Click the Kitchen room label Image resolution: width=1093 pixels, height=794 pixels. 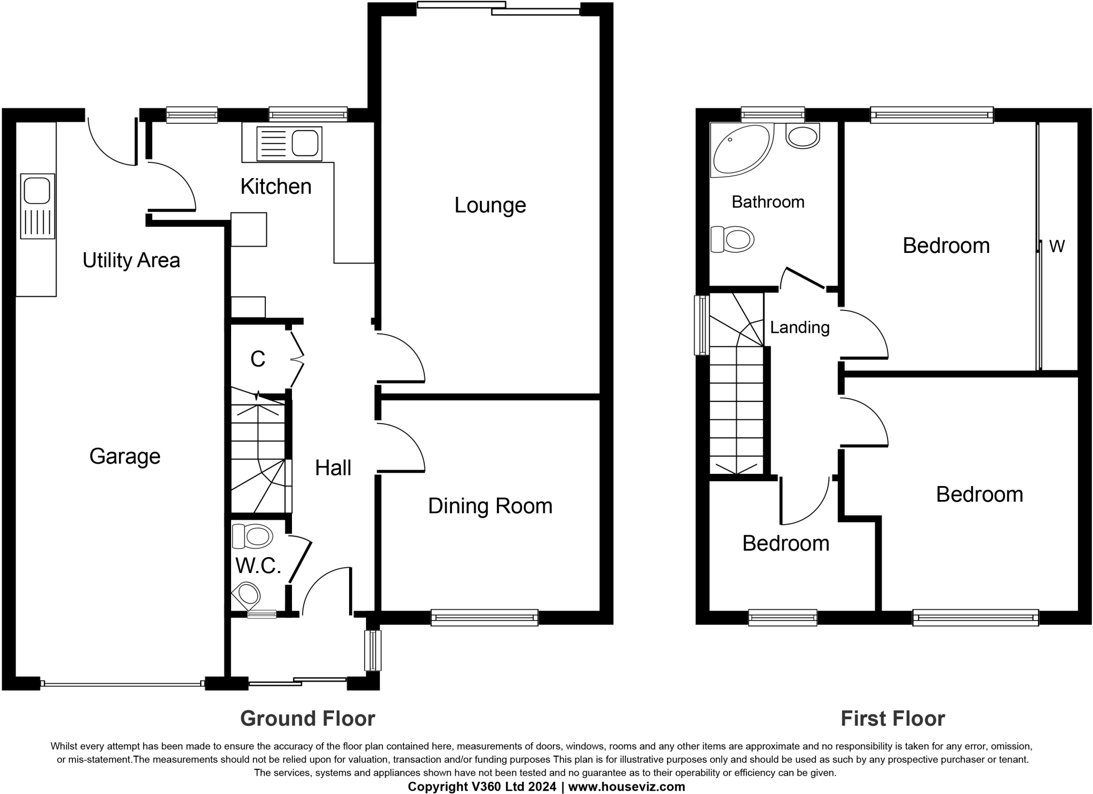click(276, 187)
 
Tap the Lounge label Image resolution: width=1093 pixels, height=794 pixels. click(490, 205)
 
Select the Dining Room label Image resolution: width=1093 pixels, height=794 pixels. click(490, 506)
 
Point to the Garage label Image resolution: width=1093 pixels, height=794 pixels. click(125, 457)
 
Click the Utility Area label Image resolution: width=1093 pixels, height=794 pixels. click(131, 260)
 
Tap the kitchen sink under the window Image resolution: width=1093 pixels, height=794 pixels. click(289, 144)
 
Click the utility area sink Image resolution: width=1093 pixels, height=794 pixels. click(37, 206)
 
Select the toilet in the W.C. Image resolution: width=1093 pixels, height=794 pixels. click(252, 536)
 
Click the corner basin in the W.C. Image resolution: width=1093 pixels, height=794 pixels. click(246, 595)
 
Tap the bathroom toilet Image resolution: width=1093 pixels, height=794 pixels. click(732, 239)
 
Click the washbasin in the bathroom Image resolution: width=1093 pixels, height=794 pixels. click(803, 136)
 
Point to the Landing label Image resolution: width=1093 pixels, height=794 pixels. click(799, 327)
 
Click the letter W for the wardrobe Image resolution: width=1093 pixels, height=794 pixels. click(1057, 246)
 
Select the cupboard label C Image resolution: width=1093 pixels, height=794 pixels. click(258, 359)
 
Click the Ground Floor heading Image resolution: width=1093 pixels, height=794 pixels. click(308, 719)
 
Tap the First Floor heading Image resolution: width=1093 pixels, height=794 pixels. click(893, 719)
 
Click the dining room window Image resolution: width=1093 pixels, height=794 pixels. click(485, 617)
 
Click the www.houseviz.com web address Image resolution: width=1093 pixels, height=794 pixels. click(627, 787)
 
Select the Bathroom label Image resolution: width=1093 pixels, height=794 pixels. click(768, 202)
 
